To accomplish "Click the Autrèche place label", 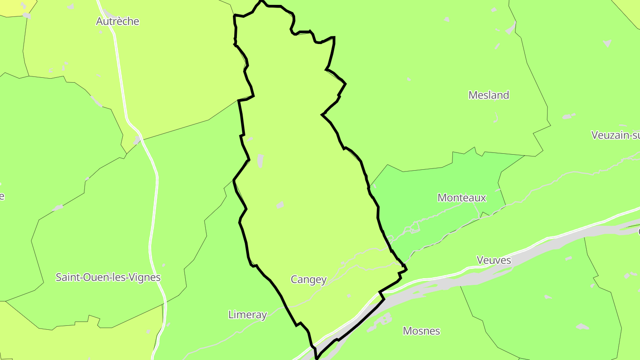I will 117,21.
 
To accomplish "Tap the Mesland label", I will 488,95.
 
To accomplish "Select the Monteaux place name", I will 462,198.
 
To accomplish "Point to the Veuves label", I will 493,260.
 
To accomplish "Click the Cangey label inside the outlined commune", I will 308,280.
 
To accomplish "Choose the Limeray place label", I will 247,315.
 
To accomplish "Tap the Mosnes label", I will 421,331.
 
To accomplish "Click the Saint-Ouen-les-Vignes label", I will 108,277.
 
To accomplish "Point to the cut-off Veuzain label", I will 616,135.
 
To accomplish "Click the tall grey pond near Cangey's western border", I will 260,161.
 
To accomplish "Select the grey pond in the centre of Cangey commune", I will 280,205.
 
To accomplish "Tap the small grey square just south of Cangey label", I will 349,296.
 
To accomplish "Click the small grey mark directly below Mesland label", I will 496,117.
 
